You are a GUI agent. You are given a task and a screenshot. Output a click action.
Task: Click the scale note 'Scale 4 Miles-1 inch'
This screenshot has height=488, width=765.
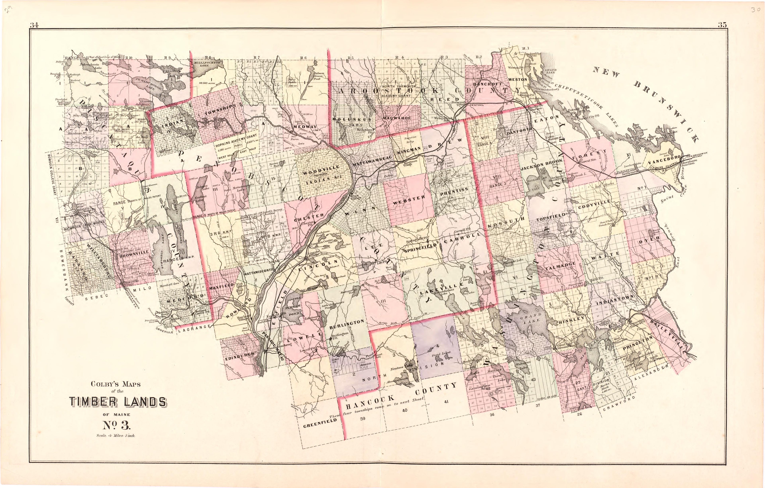pyautogui.click(x=116, y=436)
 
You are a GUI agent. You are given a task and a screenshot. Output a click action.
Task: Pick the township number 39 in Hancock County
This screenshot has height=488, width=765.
pyautogui.click(x=363, y=418)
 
